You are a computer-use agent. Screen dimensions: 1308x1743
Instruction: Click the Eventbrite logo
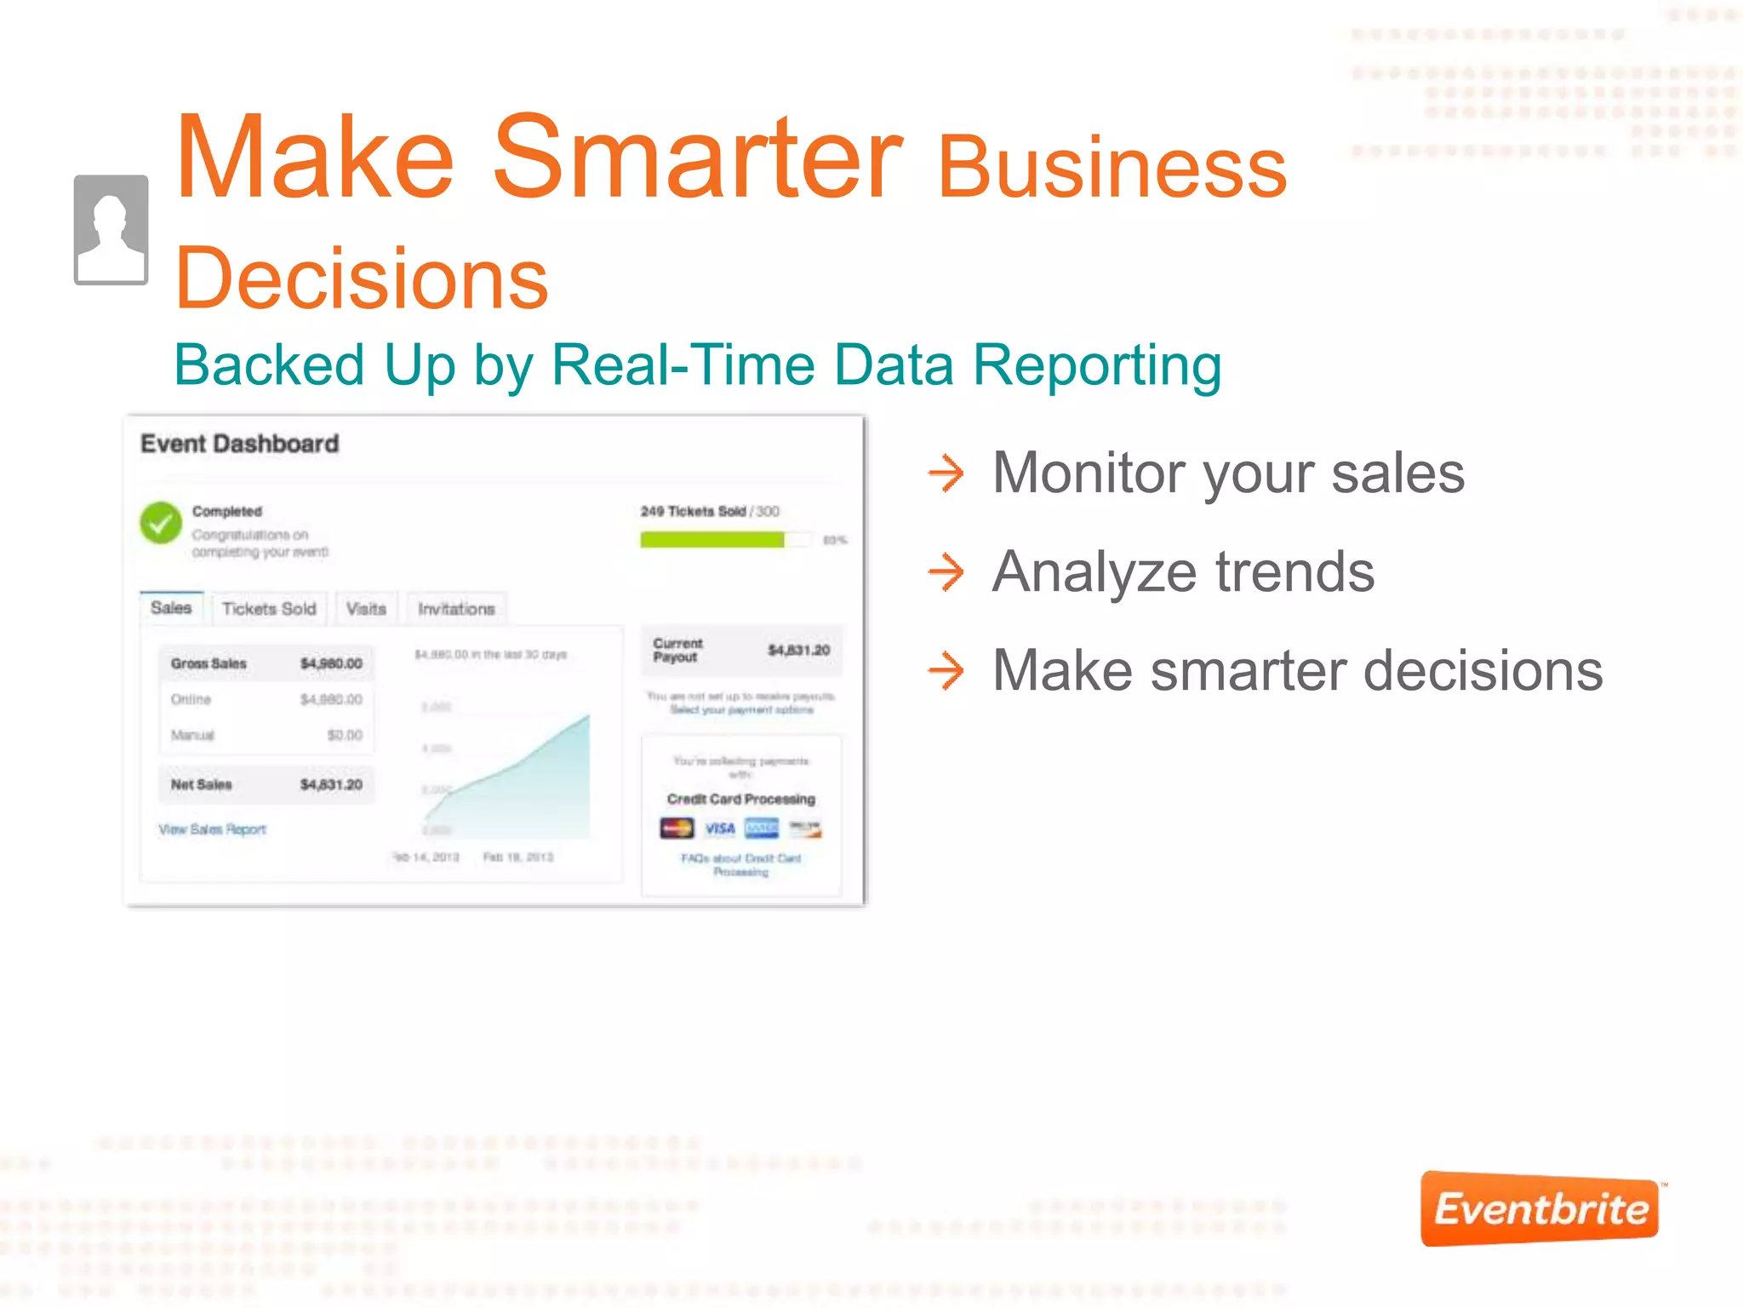coord(1540,1208)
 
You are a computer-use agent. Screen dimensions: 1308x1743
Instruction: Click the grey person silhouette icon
coord(111,230)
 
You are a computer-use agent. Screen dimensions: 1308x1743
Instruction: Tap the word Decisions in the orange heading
coord(362,278)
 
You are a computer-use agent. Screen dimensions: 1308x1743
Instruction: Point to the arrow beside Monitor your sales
coord(946,473)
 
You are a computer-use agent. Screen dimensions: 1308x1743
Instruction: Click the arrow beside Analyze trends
coord(946,571)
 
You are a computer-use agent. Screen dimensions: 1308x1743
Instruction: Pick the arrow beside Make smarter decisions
coord(946,670)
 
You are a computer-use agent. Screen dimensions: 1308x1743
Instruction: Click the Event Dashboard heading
coord(239,444)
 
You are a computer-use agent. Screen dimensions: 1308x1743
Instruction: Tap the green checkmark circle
coord(161,523)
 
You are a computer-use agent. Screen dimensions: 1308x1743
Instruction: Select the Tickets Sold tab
coord(269,609)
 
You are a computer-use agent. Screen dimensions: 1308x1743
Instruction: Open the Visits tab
coord(366,609)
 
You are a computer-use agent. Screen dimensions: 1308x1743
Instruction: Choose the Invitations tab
coord(456,609)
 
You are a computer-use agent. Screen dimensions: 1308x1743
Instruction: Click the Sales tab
coord(171,608)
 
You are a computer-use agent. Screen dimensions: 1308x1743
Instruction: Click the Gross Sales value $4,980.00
coord(331,663)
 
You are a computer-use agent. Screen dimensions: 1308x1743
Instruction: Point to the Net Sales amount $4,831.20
coord(331,784)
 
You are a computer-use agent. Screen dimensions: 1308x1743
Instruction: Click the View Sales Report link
coord(213,829)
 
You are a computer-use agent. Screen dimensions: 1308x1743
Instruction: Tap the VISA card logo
coord(720,829)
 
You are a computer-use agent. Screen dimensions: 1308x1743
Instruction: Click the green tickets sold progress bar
coord(712,540)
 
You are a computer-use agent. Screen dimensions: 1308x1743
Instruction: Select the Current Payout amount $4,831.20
coord(798,651)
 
